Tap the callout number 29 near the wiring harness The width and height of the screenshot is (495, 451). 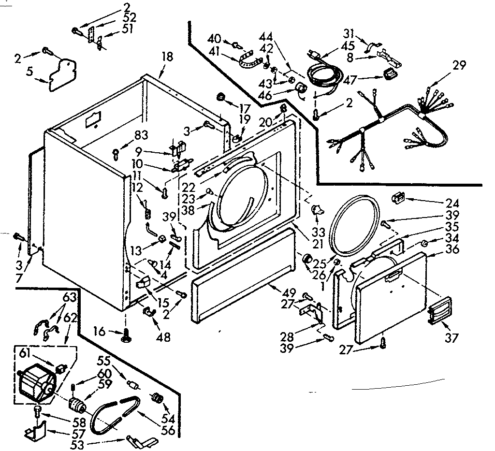pyautogui.click(x=460, y=65)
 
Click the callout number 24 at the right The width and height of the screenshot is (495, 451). pyautogui.click(x=453, y=203)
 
